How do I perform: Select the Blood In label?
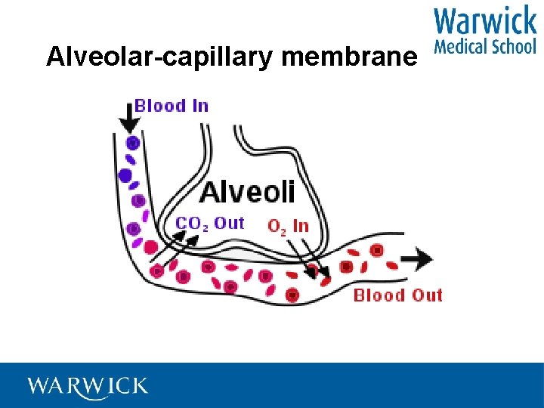[172, 106]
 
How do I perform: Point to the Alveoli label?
[247, 192]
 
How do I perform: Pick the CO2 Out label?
[210, 224]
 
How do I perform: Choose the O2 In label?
[288, 225]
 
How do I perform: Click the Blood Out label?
[397, 295]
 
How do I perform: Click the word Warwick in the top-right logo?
[485, 20]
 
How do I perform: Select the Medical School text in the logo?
[485, 45]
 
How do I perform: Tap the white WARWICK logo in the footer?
[88, 386]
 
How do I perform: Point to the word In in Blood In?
[199, 106]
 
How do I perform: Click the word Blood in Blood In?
[160, 106]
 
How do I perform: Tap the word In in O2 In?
[300, 225]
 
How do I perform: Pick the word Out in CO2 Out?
[229, 223]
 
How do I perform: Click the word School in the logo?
[513, 45]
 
